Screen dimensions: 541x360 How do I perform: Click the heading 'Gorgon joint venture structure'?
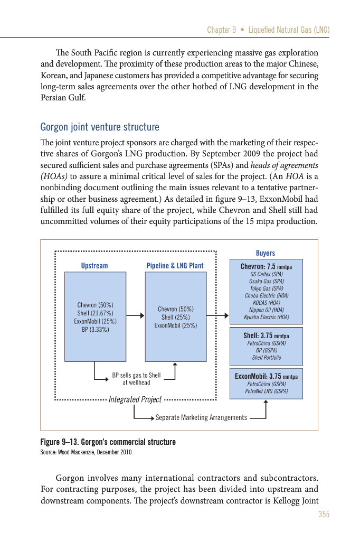tap(100, 127)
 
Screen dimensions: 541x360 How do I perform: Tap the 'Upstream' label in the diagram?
tap(94, 265)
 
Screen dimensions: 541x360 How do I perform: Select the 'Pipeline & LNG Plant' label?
tap(175, 265)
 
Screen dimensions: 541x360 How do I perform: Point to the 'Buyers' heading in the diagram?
tap(266, 253)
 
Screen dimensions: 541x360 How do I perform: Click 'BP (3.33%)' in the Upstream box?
tap(96, 329)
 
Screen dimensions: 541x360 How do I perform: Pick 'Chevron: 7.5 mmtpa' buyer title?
tap(266, 267)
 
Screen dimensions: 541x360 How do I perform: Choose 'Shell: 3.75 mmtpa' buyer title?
tap(266, 335)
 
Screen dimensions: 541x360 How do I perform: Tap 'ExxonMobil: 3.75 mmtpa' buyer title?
tap(266, 377)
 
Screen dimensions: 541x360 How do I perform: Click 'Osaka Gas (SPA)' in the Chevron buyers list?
tap(266, 282)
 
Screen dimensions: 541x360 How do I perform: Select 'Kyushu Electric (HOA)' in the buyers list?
tap(266, 318)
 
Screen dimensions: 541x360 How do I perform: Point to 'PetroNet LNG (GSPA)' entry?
tap(266, 391)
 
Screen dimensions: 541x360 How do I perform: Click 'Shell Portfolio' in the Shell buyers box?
tap(266, 358)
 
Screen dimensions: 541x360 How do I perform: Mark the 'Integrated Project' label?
tap(135, 399)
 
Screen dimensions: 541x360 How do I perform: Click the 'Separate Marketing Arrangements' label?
tap(201, 418)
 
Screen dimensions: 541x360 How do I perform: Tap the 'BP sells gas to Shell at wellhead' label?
tap(136, 379)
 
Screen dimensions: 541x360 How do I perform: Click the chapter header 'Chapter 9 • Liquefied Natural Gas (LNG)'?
tap(268, 30)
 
